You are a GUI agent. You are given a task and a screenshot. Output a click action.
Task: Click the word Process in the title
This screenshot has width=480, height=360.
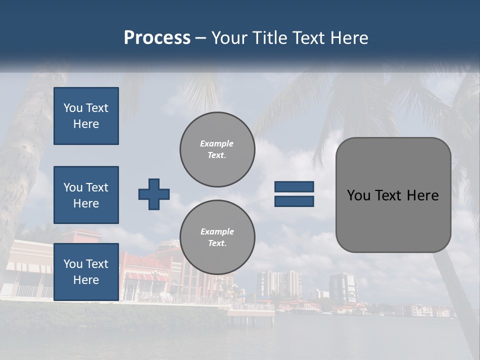pos(157,38)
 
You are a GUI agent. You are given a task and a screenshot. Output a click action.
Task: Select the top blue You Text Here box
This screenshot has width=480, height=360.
pos(86,116)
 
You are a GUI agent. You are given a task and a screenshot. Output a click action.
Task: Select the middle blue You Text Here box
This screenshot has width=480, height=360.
pos(86,195)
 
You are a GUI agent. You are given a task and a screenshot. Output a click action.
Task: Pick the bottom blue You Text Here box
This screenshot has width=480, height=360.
pos(86,271)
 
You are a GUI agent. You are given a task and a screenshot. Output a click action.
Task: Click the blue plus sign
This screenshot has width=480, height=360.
pos(154,194)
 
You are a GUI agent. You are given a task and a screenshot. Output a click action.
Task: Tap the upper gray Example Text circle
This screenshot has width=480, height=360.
pos(217,149)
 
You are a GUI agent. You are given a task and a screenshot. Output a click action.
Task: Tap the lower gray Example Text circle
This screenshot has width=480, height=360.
pos(217,237)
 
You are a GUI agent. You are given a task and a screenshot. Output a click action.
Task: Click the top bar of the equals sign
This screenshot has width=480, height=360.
pos(294,187)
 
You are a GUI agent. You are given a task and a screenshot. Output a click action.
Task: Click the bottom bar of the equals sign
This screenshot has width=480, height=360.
pos(294,201)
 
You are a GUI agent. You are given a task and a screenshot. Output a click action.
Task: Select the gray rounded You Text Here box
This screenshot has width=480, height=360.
pos(393,195)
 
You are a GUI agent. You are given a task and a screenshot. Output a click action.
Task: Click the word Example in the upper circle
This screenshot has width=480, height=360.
pos(217,143)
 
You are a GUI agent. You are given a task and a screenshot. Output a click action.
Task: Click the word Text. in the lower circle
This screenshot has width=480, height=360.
pos(217,243)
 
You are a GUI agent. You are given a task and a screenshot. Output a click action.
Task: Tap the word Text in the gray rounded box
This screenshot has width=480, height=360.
pos(388,195)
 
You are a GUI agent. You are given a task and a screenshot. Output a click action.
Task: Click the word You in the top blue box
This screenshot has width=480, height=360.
pos(72,108)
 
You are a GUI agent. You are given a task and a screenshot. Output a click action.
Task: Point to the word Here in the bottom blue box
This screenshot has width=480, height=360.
pos(86,280)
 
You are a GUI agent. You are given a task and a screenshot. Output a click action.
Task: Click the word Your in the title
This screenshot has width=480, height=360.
pos(229,38)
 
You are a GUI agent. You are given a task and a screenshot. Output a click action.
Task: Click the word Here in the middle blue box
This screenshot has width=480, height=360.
pos(86,203)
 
